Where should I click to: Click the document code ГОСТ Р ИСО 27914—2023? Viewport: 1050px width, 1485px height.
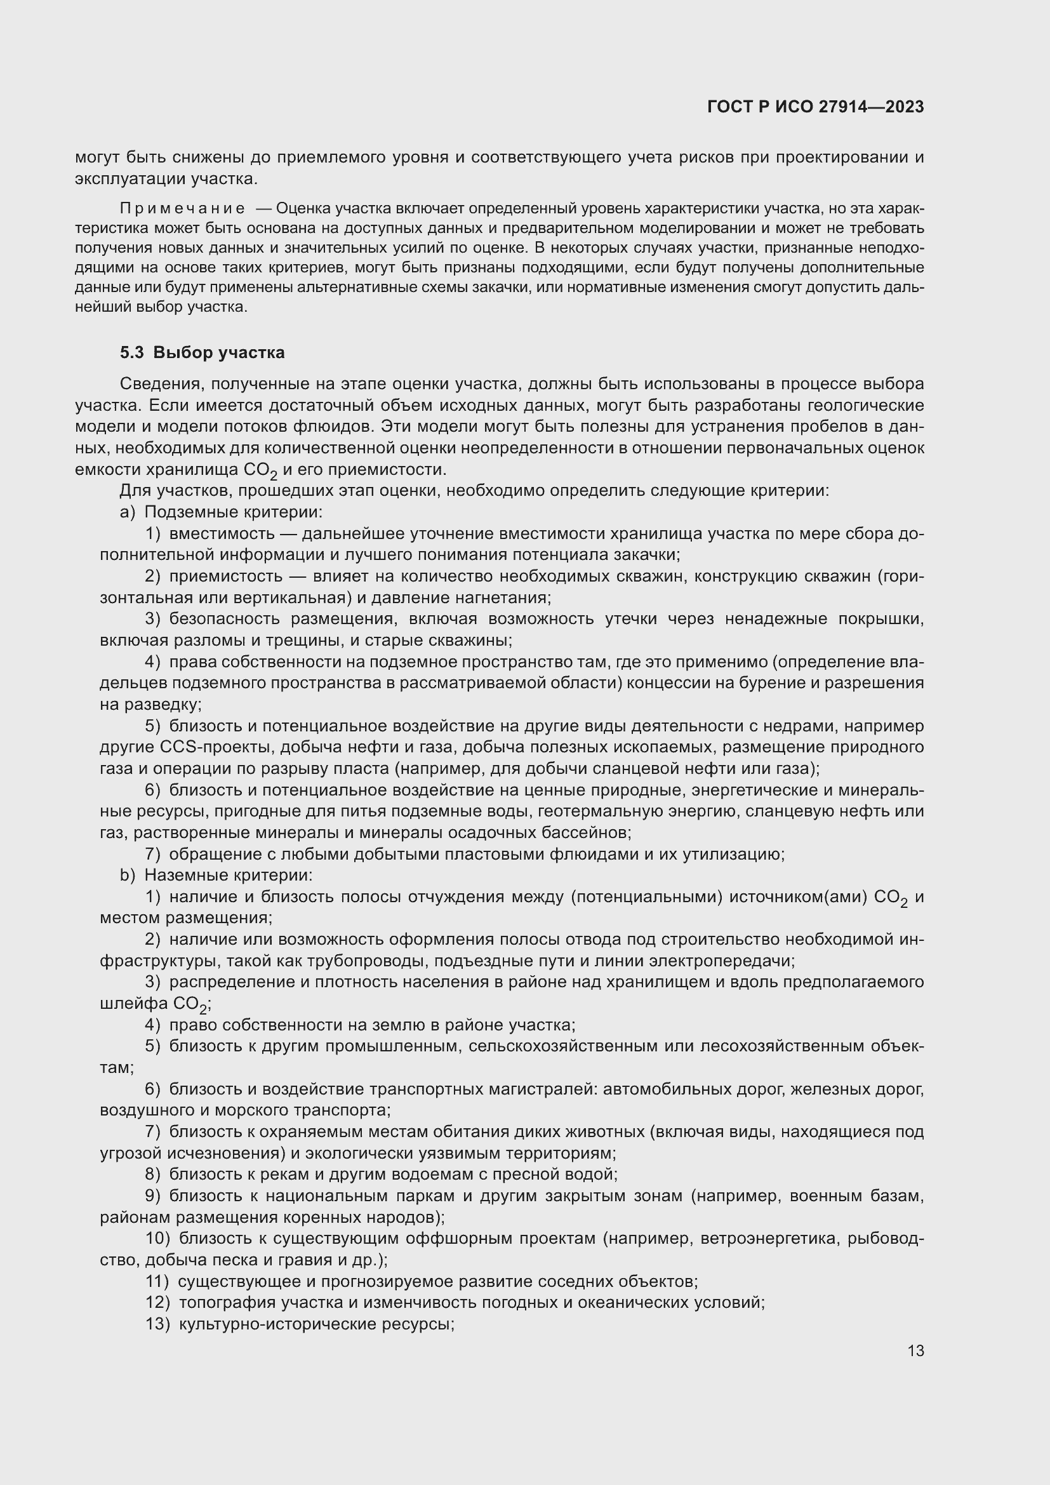coord(815,107)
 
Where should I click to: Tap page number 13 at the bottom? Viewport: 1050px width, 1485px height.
coord(915,1350)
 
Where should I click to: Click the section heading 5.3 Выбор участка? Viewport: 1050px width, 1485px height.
coord(203,352)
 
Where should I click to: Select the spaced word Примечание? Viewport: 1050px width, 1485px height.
coord(182,208)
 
